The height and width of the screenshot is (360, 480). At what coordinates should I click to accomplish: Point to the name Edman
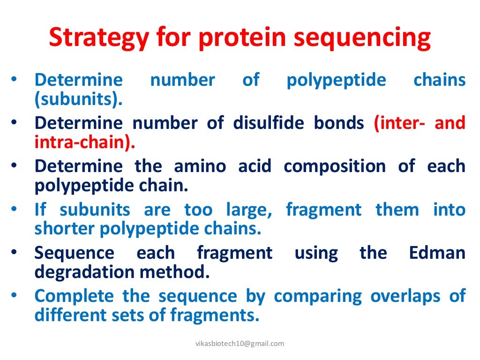437,253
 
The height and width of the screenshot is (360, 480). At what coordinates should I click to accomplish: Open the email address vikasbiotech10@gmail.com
240,344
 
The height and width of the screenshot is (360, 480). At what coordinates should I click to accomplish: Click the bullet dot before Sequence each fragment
15,253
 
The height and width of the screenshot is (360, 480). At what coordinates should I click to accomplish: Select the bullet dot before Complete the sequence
15,296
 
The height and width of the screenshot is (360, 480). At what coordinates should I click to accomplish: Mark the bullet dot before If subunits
15,210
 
